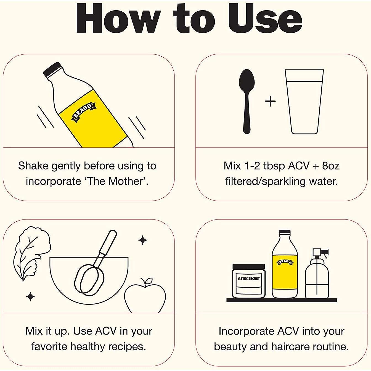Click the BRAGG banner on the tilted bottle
click(x=84, y=113)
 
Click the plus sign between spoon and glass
click(x=270, y=101)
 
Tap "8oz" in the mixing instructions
click(x=331, y=166)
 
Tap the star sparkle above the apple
click(x=142, y=240)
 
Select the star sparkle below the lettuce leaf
click(x=30, y=297)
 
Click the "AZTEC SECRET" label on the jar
click(x=249, y=279)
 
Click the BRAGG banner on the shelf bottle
click(x=285, y=262)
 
